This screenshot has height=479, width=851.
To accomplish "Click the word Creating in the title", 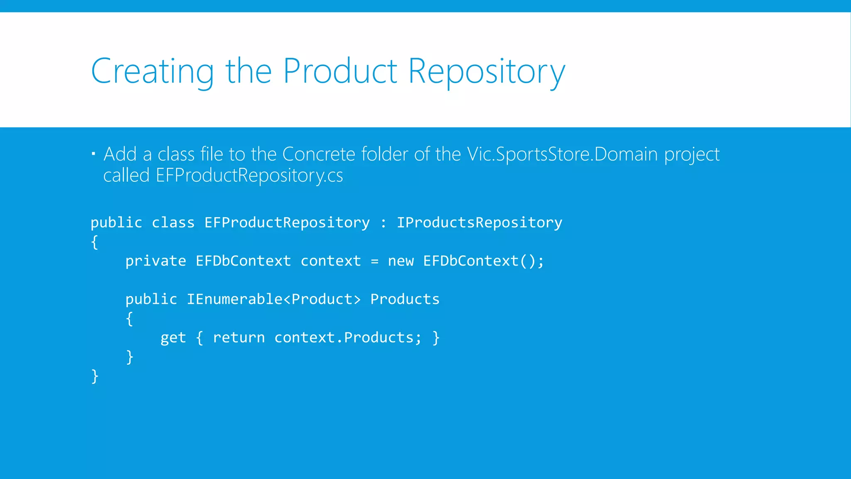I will coord(152,72).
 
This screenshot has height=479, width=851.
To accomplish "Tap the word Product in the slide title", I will coord(340,72).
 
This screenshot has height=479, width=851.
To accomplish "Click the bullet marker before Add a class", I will coord(93,154).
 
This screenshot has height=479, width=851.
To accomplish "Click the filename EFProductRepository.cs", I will coord(249,175).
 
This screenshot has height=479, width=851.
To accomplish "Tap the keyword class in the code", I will coord(173,222).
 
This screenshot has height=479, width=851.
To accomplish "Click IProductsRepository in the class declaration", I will coord(479,222).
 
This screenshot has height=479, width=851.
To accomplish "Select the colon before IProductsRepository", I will coord(383,223).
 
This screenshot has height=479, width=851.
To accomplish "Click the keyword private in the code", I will coord(155,261).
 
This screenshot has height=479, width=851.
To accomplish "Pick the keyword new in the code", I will coord(401,261).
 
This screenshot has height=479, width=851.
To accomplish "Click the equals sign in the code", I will coord(374,262).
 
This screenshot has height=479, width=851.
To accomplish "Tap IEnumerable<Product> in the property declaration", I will coord(273,299).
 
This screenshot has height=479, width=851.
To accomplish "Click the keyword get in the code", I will coord(173,338).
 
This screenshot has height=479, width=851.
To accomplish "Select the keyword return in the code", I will coord(239,338).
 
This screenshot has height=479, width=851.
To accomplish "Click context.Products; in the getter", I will coord(348,338).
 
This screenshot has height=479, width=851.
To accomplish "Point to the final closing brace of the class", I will coord(95,376).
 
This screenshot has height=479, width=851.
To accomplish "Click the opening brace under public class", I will coord(95,242).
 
